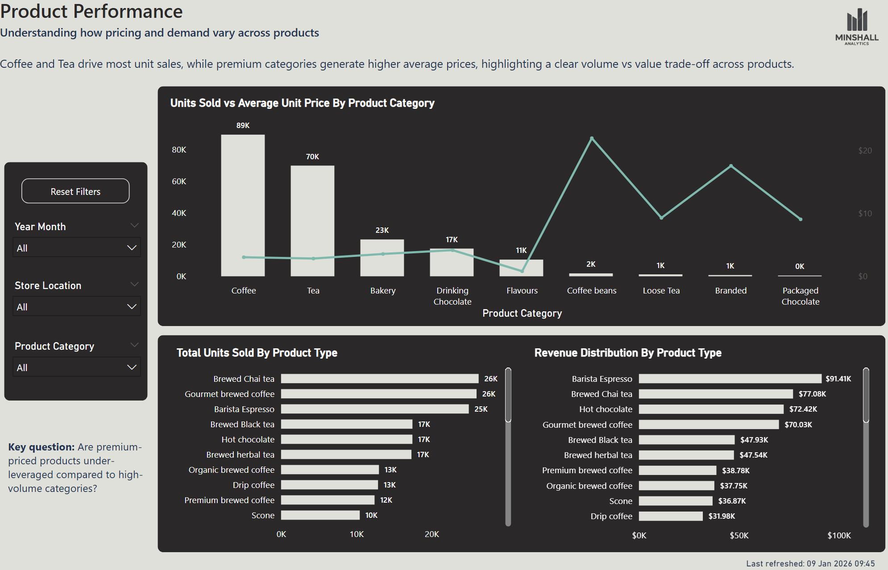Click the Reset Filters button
75,191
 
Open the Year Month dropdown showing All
76,248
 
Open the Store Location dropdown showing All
76,306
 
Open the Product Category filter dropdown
76,367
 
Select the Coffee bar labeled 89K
243,205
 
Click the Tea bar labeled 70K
312,221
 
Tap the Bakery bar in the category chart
382,258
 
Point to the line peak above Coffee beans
592,138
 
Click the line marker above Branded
731,166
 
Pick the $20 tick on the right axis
865,151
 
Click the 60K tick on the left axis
179,182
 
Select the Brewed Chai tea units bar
379,379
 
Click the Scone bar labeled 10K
320,515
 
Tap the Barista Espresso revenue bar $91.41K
730,379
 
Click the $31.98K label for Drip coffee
722,516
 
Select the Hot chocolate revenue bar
711,409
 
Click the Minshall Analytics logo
857,27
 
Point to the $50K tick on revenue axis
739,535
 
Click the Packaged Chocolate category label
801,296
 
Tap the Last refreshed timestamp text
810,564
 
